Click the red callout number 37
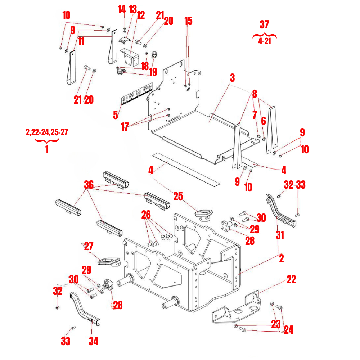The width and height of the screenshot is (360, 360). click(x=264, y=24)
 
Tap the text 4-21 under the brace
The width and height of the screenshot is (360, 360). click(x=264, y=41)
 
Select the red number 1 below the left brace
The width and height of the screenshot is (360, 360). click(x=46, y=149)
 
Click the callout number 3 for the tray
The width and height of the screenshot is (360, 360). click(x=233, y=77)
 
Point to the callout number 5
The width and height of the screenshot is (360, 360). click(x=115, y=115)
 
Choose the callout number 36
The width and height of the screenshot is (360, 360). click(x=89, y=185)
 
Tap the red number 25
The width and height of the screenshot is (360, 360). click(x=178, y=196)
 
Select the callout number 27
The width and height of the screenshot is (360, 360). click(x=89, y=247)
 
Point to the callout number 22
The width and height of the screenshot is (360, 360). click(x=291, y=280)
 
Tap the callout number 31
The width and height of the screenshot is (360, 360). click(x=280, y=235)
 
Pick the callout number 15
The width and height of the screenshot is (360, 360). click(x=189, y=21)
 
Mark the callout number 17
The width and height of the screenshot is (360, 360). click(x=125, y=127)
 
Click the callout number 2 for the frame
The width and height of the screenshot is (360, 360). click(x=281, y=258)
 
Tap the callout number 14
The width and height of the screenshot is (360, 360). click(x=122, y=10)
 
